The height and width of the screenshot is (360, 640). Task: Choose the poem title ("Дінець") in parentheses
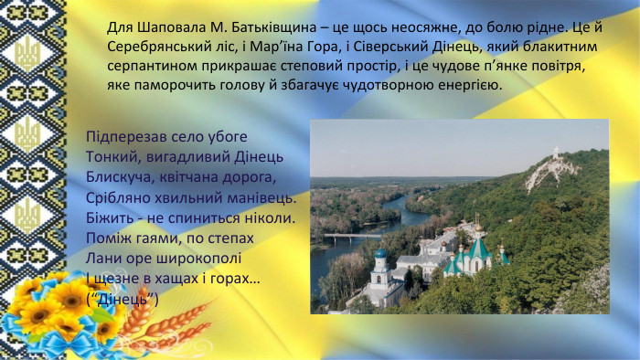[123, 298]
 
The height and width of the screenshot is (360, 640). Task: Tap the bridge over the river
[351, 237]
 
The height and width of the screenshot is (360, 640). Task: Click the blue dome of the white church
[380, 253]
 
